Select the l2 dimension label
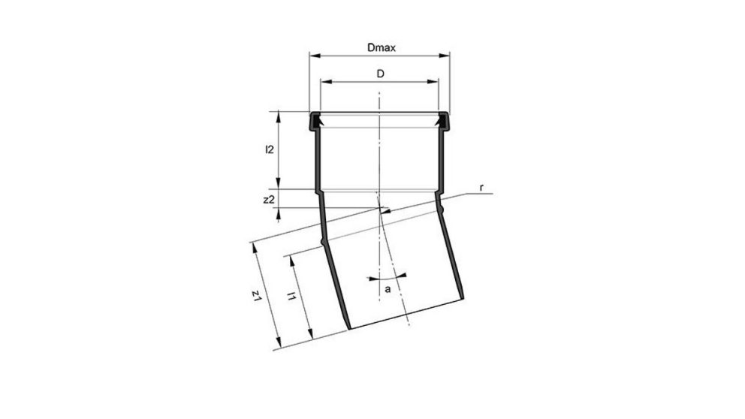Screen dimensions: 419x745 (268, 149)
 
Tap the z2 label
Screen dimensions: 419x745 (268, 199)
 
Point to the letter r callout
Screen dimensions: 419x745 (480, 185)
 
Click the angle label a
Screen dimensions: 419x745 (388, 288)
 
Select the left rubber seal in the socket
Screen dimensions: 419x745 (316, 120)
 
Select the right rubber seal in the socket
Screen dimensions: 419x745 (443, 120)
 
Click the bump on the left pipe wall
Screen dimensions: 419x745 (323, 241)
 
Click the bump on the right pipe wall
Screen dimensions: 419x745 (443, 204)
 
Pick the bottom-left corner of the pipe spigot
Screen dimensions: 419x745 (348, 328)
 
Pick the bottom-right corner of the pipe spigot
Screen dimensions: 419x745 (460, 303)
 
